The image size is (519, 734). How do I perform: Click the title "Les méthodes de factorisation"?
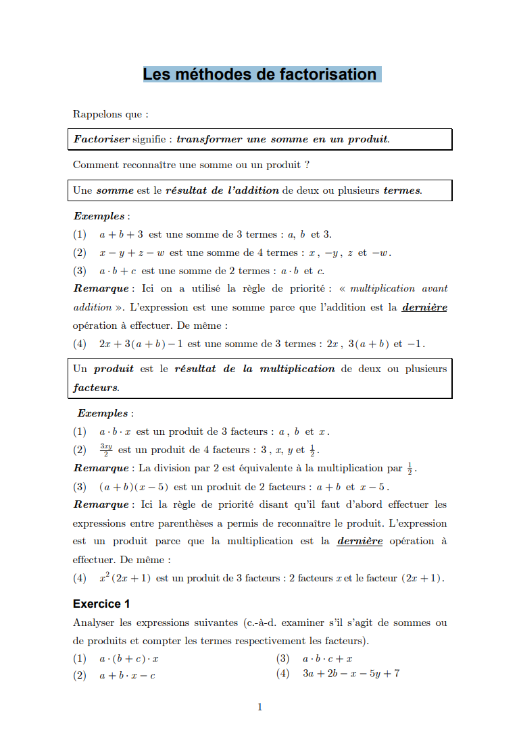[260, 74]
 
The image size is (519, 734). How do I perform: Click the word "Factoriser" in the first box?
[102, 139]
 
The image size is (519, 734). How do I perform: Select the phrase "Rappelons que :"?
[110, 115]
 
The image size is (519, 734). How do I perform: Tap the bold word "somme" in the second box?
[115, 190]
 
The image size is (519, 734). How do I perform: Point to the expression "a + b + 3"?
[121, 234]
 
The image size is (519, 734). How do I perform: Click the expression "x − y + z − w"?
[131, 253]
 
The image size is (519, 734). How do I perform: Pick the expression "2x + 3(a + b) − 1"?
[141, 344]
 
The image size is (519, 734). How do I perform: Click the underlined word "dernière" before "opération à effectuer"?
[424, 307]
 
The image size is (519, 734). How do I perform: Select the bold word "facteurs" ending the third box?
[95, 388]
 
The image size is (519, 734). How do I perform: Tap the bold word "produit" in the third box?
[114, 369]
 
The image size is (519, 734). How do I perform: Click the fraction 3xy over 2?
[105, 450]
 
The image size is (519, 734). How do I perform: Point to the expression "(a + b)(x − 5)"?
[134, 486]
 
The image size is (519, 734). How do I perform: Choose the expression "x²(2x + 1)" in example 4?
[124, 578]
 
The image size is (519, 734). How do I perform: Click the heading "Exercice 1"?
[101, 604]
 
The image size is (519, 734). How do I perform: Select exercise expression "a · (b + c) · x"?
[128, 658]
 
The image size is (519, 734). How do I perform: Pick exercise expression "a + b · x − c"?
[127, 675]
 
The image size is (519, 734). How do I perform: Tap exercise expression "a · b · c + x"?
[327, 658]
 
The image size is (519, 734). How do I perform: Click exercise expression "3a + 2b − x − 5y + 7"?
[351, 674]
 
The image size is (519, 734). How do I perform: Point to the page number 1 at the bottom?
[259, 707]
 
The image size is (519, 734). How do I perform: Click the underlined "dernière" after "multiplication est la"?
[360, 541]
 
